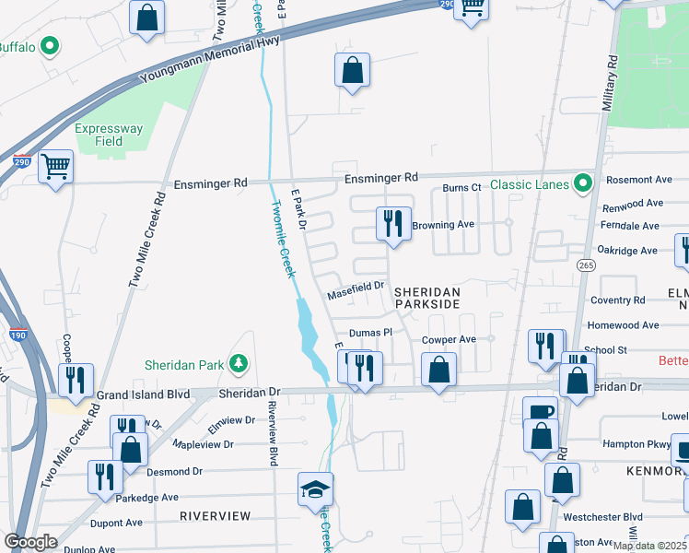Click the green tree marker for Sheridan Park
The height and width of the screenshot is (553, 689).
(x=239, y=364)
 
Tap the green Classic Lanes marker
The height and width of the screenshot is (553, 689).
(x=582, y=184)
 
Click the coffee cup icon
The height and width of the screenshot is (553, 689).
(x=540, y=412)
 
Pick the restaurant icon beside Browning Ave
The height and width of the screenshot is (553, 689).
(x=393, y=223)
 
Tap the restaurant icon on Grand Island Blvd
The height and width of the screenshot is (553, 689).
(x=75, y=379)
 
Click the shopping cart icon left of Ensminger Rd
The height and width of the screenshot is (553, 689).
(x=56, y=167)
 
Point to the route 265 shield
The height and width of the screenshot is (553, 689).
(x=587, y=265)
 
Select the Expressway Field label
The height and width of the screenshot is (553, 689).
(x=111, y=135)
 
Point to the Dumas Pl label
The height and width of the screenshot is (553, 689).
(x=370, y=333)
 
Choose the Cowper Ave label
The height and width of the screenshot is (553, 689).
(x=449, y=339)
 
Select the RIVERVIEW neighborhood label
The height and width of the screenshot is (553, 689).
(x=215, y=516)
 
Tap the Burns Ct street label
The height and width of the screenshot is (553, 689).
(x=461, y=187)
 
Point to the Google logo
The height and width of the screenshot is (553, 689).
(x=30, y=542)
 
